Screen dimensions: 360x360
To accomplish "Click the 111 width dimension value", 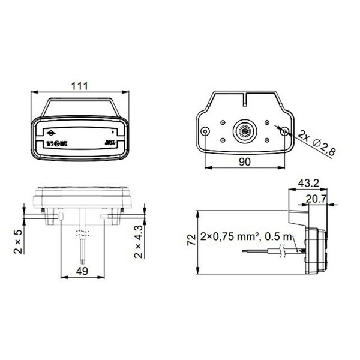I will coord(79,85).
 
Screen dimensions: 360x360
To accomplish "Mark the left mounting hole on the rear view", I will coord(205,131).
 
